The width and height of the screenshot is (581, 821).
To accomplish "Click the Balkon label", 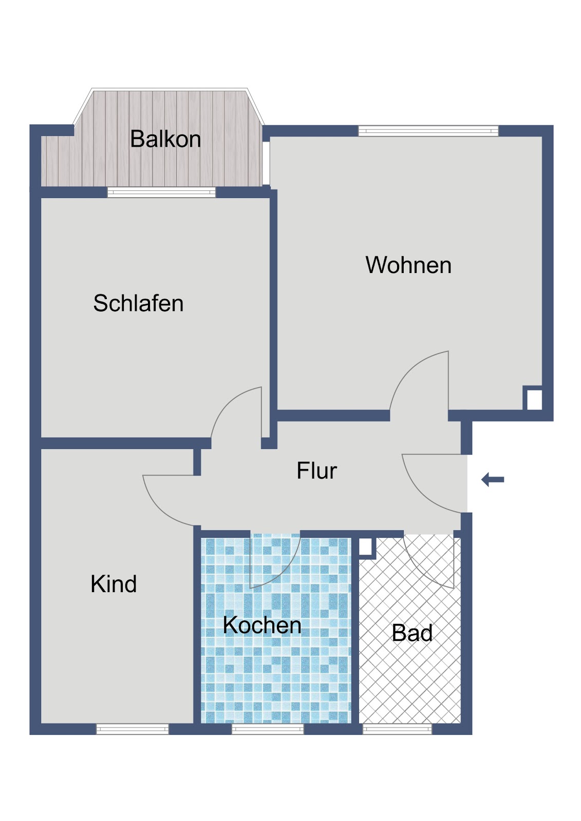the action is coord(165,139).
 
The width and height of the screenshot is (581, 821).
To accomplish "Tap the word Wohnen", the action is coord(408,265).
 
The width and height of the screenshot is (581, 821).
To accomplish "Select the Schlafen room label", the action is coord(138,303).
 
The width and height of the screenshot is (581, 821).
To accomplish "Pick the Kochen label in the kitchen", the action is coord(262,625).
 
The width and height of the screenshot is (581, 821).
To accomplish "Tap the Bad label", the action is coord(412,633).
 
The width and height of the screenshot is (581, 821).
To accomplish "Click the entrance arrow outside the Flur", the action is coord(493,479).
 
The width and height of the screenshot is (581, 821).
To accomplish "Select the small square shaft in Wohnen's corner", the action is coord(533,398).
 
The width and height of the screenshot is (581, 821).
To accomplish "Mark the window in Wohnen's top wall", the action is coord(428,131).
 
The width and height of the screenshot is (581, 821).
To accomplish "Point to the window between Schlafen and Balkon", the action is coord(161,192).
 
